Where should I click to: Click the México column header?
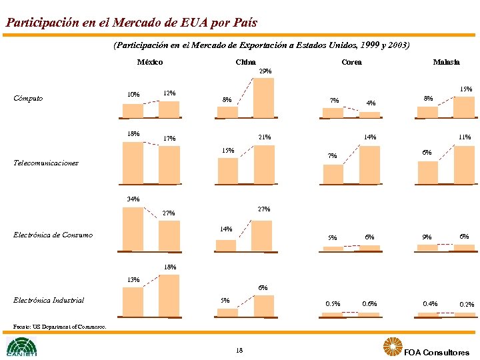pos(149,62)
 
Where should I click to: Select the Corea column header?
pos(351,62)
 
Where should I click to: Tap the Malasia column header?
pos(446,62)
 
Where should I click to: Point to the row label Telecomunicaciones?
pos(46,163)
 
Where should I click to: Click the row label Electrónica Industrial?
pos(49,300)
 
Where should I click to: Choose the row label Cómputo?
pos(28,99)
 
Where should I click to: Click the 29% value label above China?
pos(265,71)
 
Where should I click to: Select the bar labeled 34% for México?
pos(133,228)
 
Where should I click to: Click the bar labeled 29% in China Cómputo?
pos(264,97)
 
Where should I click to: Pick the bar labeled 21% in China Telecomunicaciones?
pos(264,164)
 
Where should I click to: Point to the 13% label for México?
pos(133,280)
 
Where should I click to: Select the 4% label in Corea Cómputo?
pos(371,103)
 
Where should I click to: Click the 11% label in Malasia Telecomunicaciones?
pos(465,137)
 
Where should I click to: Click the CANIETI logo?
pos(21,347)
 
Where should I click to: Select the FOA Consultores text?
pos(436,352)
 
